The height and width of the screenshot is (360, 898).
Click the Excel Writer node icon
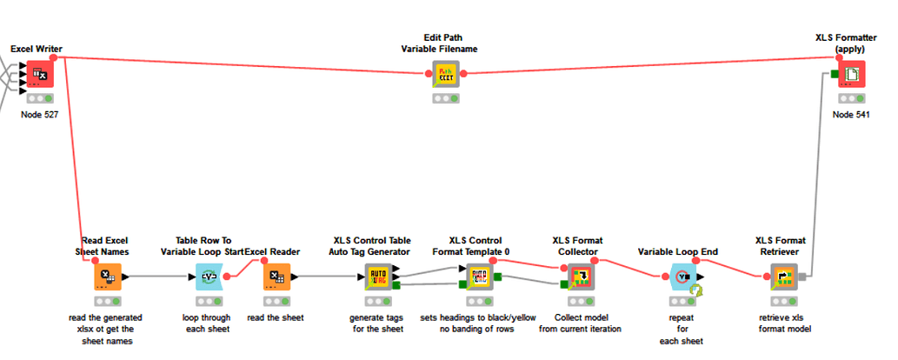[39, 75]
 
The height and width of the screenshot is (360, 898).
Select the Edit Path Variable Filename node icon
[445, 75]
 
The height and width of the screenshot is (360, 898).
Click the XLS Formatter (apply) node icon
[851, 75]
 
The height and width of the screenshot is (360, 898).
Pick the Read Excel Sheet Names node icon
[107, 277]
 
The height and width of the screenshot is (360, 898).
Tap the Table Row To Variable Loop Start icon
[208, 277]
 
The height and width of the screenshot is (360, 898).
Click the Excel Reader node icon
[276, 277]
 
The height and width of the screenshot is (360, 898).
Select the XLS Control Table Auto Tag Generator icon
[378, 277]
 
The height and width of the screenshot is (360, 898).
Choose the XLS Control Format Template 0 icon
[479, 277]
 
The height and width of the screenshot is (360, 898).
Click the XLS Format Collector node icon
[580, 277]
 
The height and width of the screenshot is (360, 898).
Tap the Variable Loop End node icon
[684, 277]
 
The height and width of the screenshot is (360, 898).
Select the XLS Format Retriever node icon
[785, 277]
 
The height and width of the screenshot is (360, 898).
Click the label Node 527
[39, 115]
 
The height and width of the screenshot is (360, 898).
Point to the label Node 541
[851, 115]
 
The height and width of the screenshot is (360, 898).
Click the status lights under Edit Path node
[445, 98]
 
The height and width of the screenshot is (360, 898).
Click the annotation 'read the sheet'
[276, 317]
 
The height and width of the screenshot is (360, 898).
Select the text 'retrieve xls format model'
[785, 323]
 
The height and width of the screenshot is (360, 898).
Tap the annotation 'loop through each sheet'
[208, 323]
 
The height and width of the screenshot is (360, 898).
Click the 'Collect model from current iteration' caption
[580, 323]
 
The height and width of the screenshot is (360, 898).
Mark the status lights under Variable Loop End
[684, 301]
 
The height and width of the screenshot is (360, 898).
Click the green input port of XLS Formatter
[834, 75]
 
